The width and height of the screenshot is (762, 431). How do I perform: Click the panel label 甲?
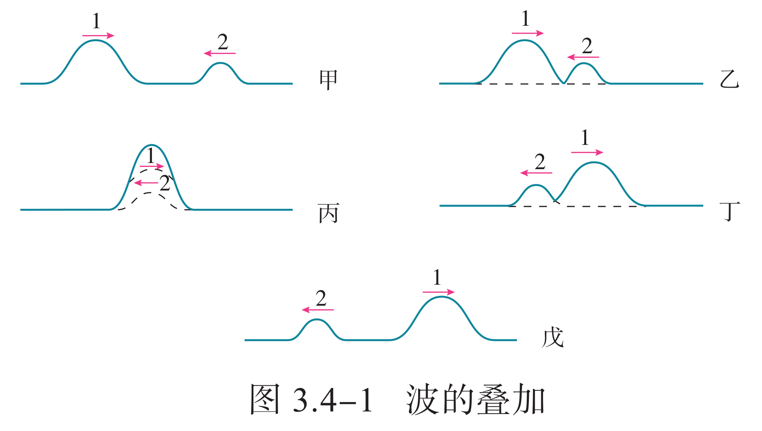point(328,80)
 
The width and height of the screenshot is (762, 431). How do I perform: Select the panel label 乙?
point(729,79)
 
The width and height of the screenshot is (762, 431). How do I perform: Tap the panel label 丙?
point(328,213)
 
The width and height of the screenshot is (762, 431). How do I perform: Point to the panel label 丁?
point(730,212)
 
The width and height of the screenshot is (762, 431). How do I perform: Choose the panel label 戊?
point(552,337)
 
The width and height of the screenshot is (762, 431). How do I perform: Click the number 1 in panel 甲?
point(96,21)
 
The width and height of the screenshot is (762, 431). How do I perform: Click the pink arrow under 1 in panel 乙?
point(527,33)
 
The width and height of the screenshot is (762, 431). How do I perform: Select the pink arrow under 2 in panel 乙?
point(583,57)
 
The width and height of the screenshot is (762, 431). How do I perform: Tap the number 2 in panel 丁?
point(540,162)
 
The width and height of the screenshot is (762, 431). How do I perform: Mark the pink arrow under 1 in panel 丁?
point(587,152)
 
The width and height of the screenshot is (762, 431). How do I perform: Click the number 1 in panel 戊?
point(437,277)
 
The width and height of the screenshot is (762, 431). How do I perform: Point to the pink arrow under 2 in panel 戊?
point(318,310)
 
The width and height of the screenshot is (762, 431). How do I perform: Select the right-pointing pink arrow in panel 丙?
point(152,166)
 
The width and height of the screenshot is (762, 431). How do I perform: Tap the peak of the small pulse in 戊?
point(317,319)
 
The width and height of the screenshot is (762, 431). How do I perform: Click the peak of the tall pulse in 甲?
point(95,40)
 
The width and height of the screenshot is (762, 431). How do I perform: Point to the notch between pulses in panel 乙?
point(564,83)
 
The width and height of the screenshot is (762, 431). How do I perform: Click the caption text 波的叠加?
point(476,399)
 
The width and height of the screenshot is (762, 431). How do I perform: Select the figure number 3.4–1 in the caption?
point(332,400)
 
